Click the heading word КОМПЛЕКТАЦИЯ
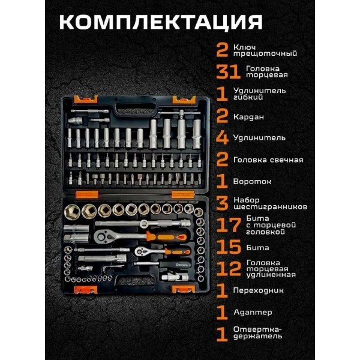(161, 22)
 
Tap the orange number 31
(228, 71)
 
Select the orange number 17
(229, 225)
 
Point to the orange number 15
(229, 247)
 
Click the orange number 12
(229, 268)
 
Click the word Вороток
(252, 181)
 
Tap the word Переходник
(258, 290)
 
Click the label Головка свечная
(268, 160)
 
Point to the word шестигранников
(270, 206)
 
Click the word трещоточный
(265, 54)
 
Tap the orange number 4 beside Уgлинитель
(222, 138)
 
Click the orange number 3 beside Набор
(222, 203)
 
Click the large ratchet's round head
(102, 236)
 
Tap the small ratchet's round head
(140, 251)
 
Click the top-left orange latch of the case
(86, 100)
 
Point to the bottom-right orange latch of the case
(184, 289)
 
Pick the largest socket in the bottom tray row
(72, 212)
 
